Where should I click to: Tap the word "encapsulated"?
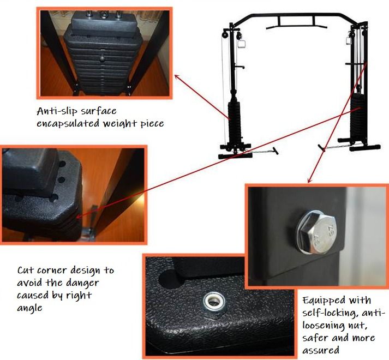(68, 123)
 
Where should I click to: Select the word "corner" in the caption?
(52, 270)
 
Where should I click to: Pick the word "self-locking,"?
(330, 313)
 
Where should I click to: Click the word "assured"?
(320, 350)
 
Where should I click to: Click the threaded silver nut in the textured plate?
(214, 303)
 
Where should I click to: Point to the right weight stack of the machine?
(357, 117)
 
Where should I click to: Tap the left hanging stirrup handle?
(241, 44)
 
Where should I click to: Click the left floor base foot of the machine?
(235, 156)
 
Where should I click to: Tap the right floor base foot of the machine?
(364, 148)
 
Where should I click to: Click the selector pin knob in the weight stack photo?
(103, 58)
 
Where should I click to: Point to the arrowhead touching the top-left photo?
(177, 76)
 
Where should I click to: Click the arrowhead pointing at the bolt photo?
(309, 181)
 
